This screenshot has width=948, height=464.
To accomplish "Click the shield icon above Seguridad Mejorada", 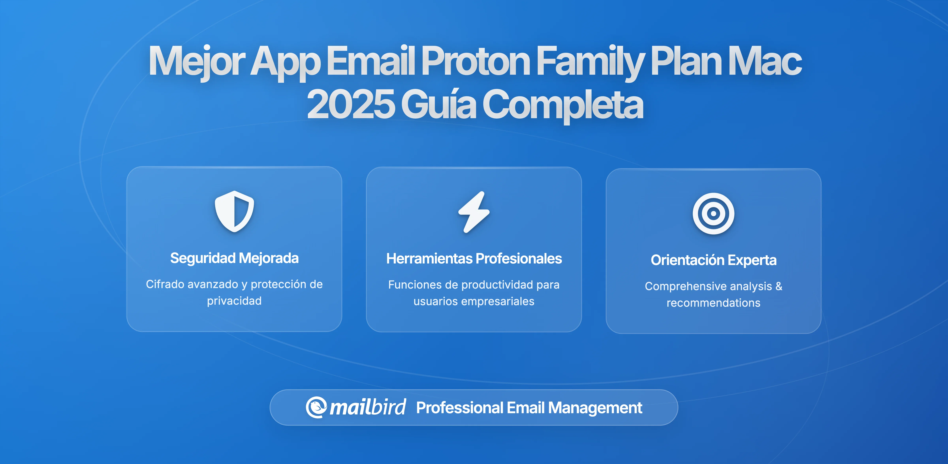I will (x=234, y=211).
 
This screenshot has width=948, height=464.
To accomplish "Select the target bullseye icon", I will (x=713, y=214).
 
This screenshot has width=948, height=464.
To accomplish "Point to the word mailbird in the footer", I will (x=368, y=407).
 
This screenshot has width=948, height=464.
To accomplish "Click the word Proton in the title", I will (x=475, y=61).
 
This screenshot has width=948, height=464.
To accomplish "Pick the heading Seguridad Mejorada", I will (x=234, y=258).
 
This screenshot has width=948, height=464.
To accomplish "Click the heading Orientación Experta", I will (x=713, y=260).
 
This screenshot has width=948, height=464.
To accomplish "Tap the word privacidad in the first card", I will (x=234, y=301).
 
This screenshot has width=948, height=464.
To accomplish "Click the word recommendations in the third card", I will (x=713, y=303).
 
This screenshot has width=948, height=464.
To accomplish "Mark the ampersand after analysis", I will (x=779, y=286).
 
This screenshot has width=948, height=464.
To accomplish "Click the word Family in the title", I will (x=590, y=61).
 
